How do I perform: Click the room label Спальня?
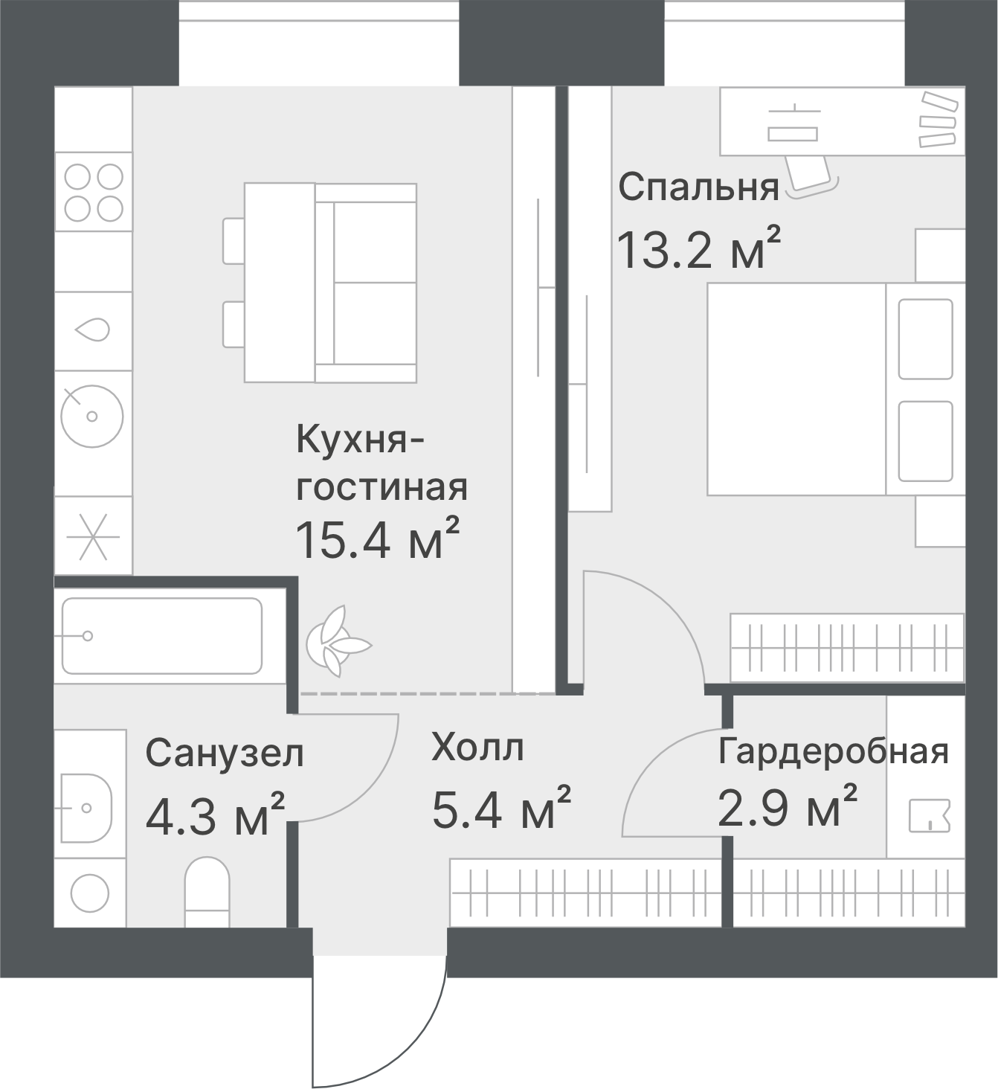699,187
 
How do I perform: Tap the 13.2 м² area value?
699,248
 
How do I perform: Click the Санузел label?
225,754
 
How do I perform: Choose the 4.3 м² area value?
215,815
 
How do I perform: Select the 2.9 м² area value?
788,806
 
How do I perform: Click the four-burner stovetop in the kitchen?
94,192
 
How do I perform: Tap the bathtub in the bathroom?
162,636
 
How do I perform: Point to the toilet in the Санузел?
207,891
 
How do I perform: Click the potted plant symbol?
338,641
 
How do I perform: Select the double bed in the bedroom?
836,389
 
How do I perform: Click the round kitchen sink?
92,417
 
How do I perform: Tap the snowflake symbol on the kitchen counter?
94,536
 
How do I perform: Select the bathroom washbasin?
86,808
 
